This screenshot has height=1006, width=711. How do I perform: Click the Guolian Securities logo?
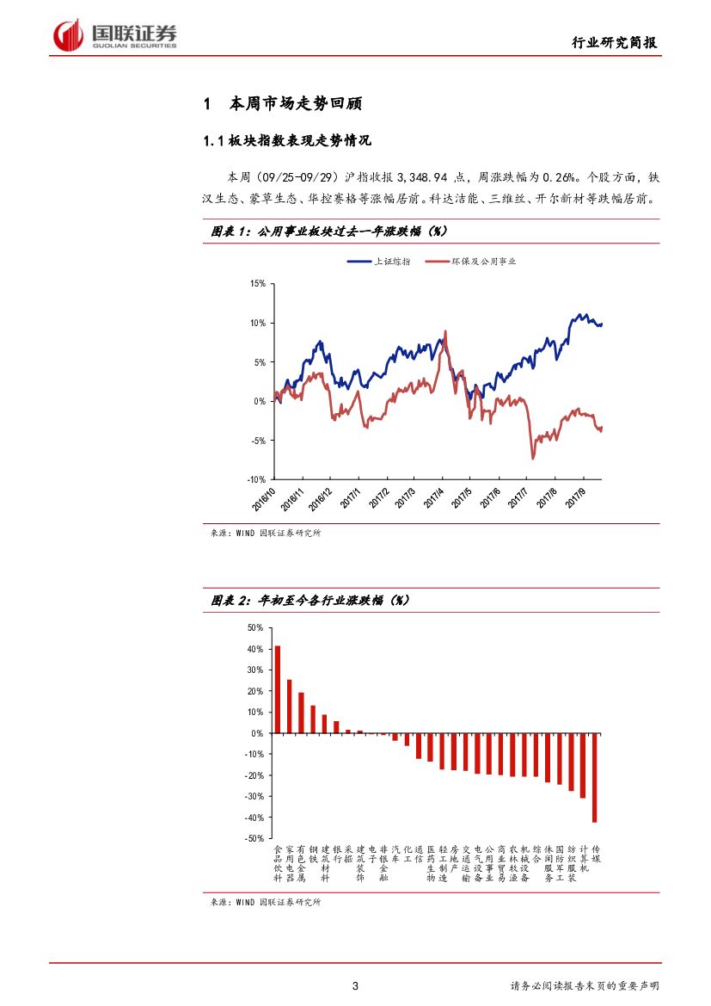click(115, 35)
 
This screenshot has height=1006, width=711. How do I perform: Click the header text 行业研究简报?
click(616, 44)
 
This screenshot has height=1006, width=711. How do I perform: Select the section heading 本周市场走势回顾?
click(295, 104)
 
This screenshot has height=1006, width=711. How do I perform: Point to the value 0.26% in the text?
click(555, 176)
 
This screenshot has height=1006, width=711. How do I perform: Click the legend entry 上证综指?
click(391, 262)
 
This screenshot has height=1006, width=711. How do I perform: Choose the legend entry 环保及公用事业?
click(488, 262)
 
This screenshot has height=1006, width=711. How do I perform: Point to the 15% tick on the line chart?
click(257, 284)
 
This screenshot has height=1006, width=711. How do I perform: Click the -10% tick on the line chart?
click(255, 479)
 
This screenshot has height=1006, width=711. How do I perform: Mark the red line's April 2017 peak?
click(445, 332)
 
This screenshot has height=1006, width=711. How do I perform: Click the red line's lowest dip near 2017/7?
click(532, 458)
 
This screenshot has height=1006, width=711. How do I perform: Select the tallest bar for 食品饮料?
click(278, 689)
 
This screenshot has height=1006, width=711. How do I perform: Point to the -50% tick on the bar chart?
click(254, 838)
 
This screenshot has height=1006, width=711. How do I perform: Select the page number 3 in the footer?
click(355, 985)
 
